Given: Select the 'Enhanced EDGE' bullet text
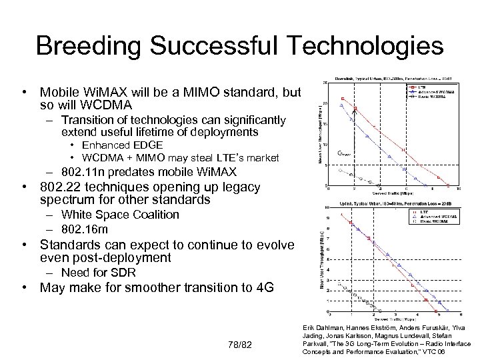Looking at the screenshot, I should tap(122, 145).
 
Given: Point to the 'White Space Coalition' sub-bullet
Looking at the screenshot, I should tap(120, 215).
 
